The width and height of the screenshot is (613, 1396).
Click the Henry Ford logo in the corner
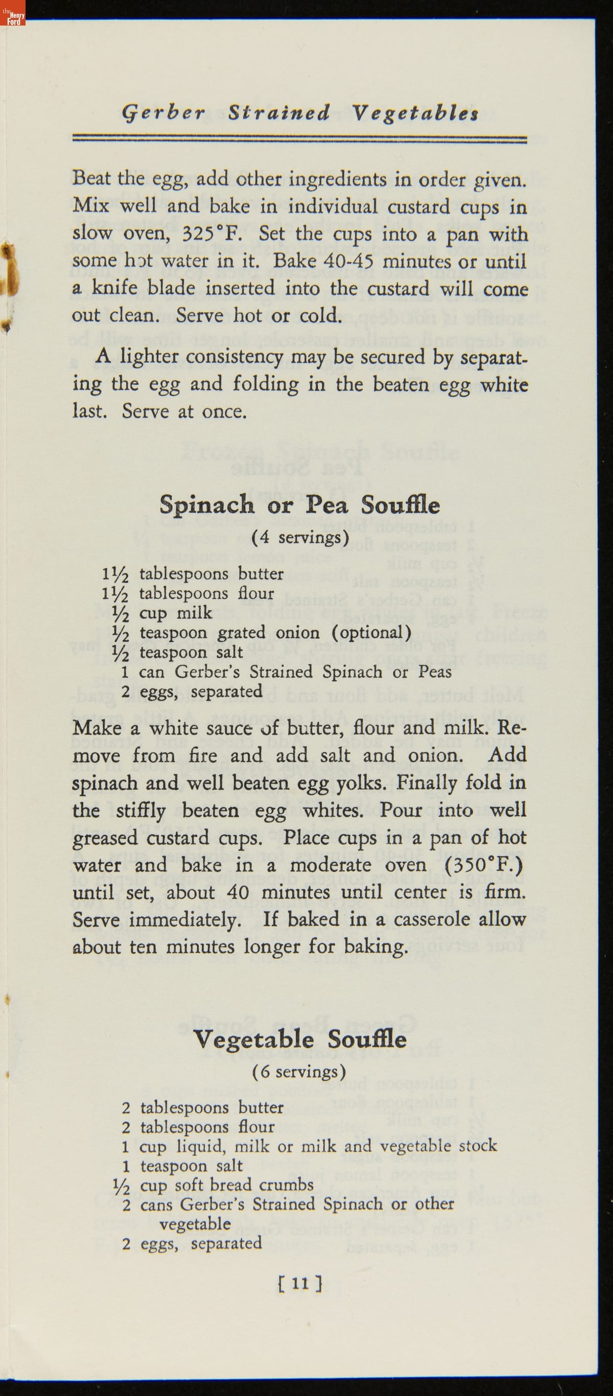(13, 12)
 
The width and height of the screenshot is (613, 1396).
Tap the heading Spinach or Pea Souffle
(299, 505)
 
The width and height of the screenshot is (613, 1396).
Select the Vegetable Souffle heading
(300, 1039)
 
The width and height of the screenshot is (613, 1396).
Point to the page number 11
(300, 1283)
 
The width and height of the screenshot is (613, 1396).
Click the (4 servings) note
(300, 537)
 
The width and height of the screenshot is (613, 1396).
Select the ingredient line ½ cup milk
(162, 613)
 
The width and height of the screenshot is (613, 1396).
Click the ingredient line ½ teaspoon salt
(178, 652)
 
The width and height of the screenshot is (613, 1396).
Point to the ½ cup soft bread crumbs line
(213, 1185)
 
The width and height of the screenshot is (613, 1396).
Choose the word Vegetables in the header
(415, 113)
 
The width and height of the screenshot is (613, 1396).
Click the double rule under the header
(300, 140)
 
